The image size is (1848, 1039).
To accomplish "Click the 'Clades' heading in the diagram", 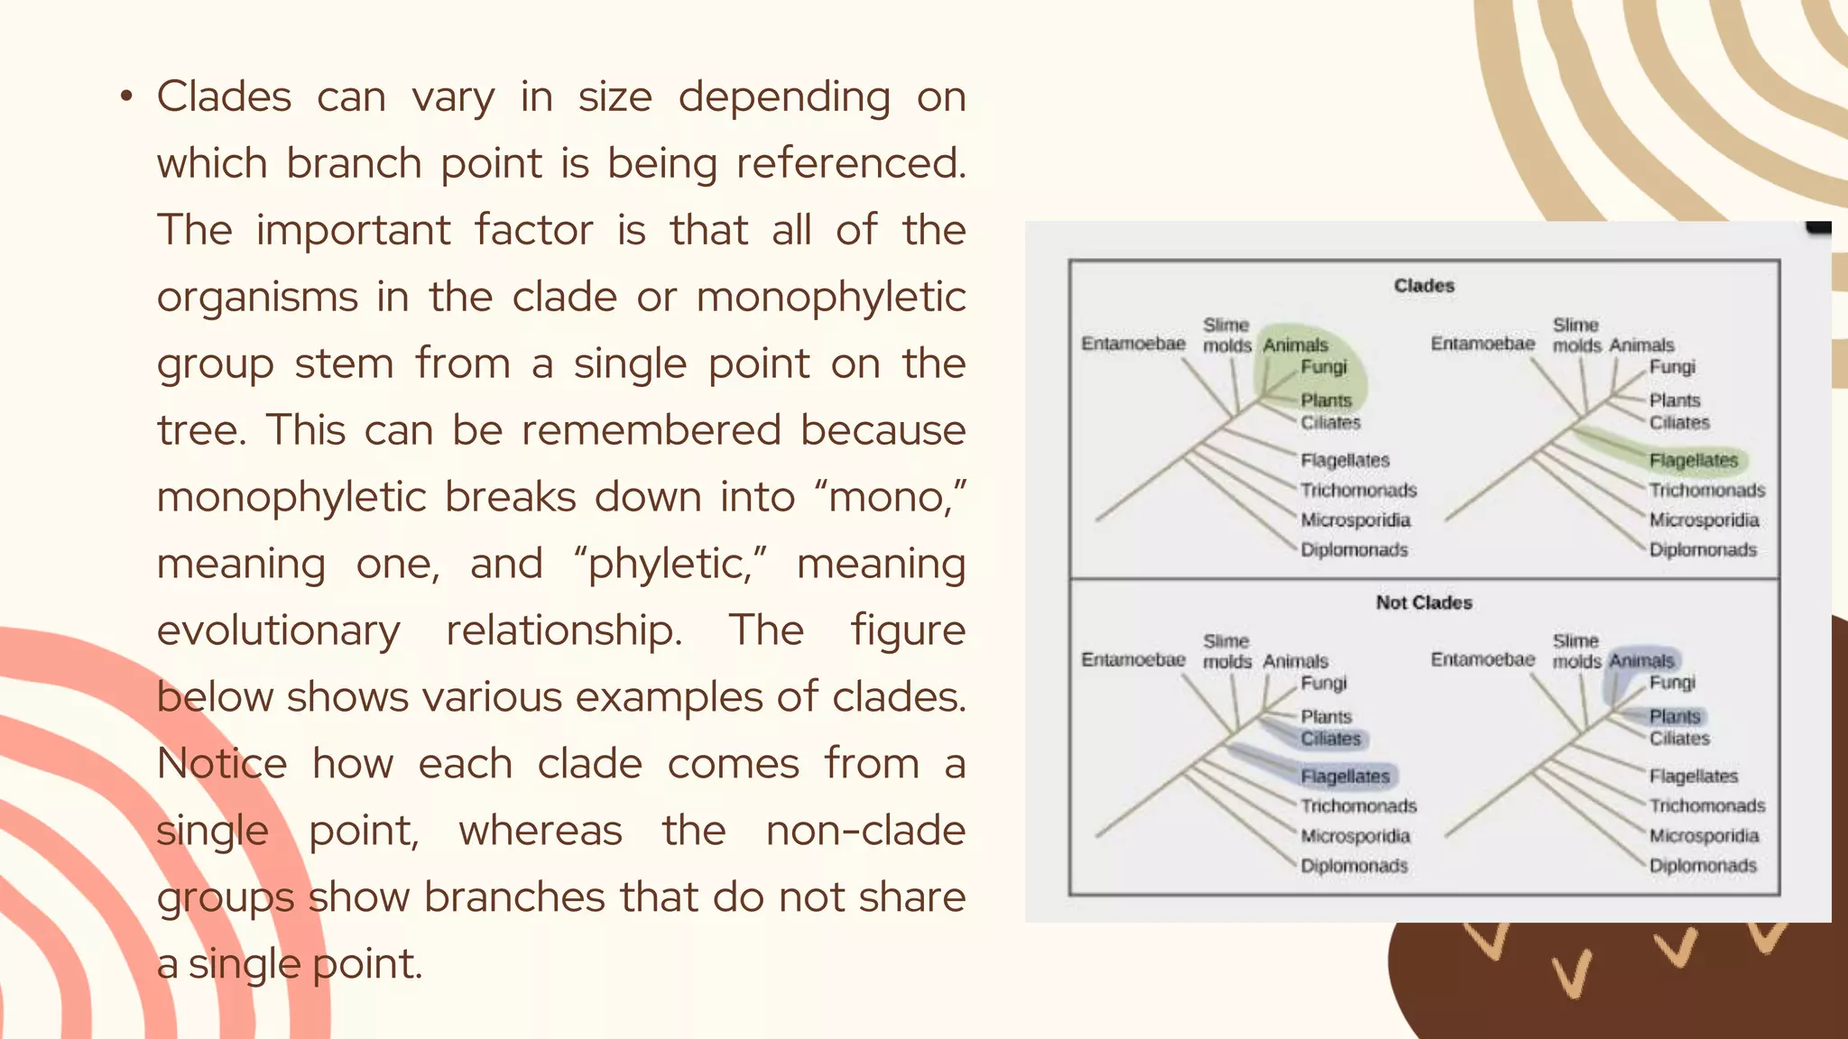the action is click(1424, 286).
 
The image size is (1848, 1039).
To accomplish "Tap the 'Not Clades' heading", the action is click(1424, 602).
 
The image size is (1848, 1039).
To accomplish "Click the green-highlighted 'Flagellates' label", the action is click(1694, 461).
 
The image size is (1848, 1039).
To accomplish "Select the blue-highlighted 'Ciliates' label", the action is click(1331, 739).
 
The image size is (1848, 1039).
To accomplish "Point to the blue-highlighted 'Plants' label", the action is click(1675, 717).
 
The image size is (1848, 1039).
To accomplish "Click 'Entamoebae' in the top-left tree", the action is click(1133, 344).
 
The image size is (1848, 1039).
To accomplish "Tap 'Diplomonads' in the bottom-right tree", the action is click(1703, 866).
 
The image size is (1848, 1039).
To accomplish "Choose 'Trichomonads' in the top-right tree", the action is click(1707, 491).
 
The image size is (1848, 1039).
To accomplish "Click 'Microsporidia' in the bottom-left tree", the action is click(1355, 836).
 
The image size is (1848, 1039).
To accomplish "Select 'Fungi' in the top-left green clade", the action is click(1324, 367).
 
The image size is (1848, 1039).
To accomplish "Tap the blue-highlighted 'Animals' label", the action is click(1641, 661).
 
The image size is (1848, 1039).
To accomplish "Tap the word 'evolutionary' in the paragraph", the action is click(278, 630).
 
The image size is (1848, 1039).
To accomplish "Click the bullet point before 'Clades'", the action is click(126, 97).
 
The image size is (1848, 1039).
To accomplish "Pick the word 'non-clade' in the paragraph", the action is click(865, 831).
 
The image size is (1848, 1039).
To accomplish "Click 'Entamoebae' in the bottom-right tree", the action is click(1483, 660).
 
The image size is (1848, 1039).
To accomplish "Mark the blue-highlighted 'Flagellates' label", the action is click(1345, 777).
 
